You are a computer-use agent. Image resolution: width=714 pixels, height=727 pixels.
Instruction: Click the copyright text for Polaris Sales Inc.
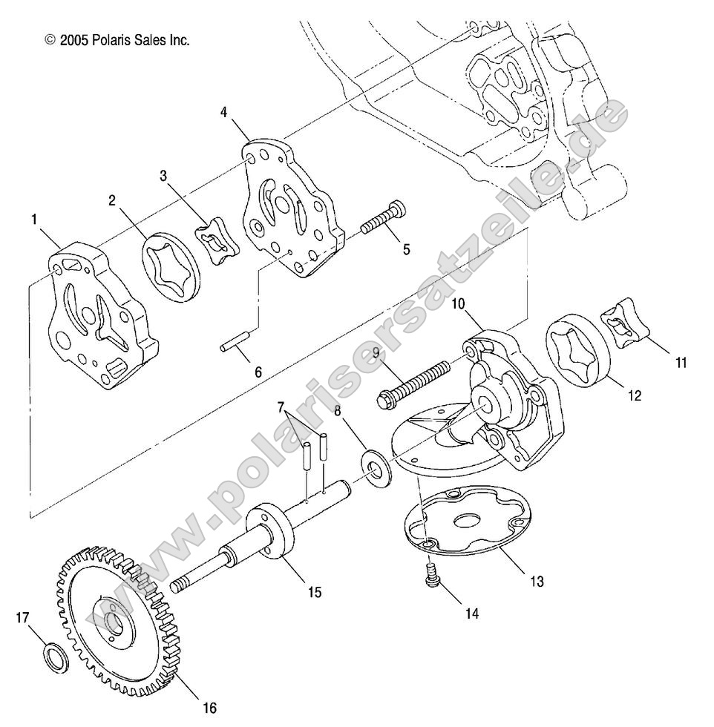(x=117, y=40)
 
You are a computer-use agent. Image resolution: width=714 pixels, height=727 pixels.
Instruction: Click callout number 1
(x=34, y=220)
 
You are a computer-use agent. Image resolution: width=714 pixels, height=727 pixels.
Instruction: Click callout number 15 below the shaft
(x=315, y=593)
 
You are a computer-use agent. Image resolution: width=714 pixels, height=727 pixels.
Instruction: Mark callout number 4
(x=223, y=112)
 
